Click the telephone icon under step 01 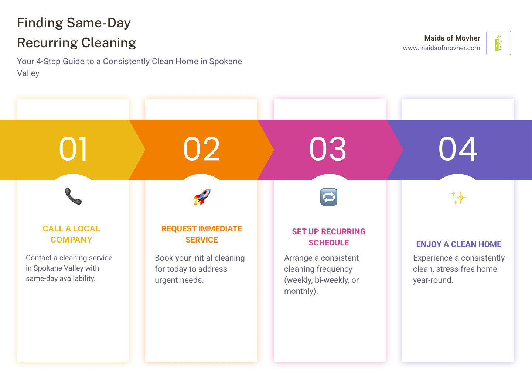coord(73,196)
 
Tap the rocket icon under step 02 coord(202,197)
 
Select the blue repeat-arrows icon coord(329,197)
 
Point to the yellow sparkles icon coord(458,198)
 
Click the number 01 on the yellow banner coord(74,149)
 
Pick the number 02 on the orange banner coord(202,149)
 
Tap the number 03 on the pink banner coord(328,149)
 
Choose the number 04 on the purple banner coord(458,149)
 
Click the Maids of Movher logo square coord(498,43)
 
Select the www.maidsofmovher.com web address coord(441,48)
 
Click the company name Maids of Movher coord(452,38)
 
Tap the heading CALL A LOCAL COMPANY coord(71,234)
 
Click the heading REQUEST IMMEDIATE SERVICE coord(202,234)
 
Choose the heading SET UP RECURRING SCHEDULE coord(329,237)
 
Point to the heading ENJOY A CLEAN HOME coord(458,244)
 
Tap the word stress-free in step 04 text coord(455,269)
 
